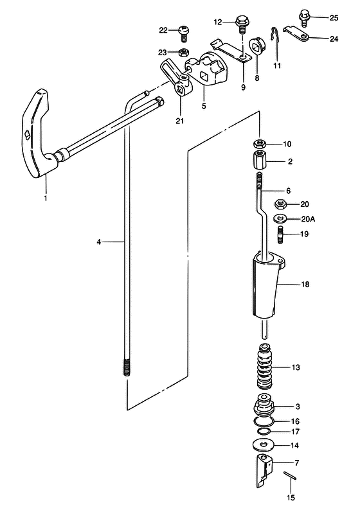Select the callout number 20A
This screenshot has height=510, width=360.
308,219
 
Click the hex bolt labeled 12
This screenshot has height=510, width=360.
241,24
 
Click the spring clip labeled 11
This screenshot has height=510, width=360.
275,36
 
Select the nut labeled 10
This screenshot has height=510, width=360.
260,144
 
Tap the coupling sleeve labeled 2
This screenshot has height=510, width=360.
260,161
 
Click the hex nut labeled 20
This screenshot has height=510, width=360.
280,204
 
